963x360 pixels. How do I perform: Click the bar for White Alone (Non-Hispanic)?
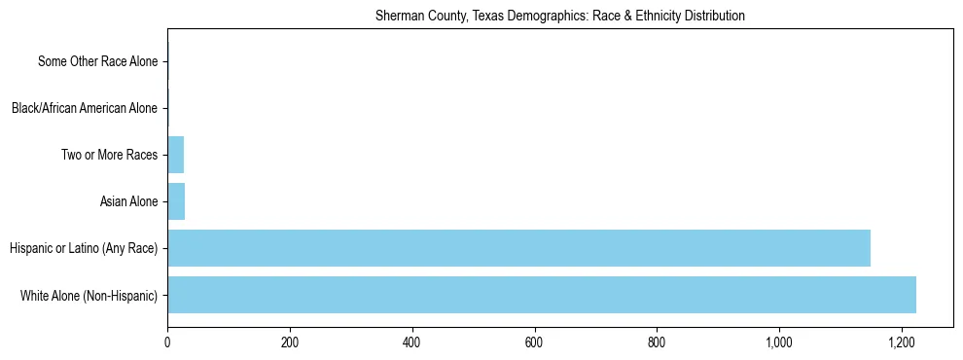tap(541, 295)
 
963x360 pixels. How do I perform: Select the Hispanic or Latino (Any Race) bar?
tap(518, 248)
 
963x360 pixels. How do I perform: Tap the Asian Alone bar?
tap(176, 201)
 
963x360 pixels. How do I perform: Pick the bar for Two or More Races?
tap(175, 155)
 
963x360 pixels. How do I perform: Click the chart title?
tap(559, 16)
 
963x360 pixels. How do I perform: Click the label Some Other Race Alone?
tap(97, 61)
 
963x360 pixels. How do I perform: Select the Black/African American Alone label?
tap(85, 108)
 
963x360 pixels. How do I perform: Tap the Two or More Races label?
tap(109, 155)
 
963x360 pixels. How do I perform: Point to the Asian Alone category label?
tap(128, 201)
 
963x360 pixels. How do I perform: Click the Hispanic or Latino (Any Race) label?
tap(84, 248)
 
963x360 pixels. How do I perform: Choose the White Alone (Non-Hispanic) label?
tap(89, 295)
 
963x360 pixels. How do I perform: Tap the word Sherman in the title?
tap(397, 16)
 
